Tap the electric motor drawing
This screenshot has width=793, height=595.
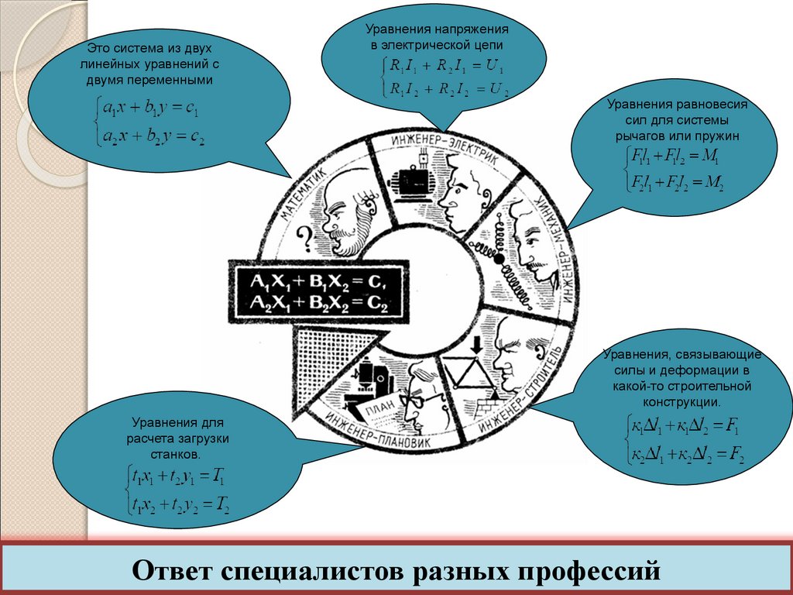click(x=410, y=180)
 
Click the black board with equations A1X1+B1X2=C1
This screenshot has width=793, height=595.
click(x=318, y=291)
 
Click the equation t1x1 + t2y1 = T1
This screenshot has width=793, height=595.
click(x=178, y=476)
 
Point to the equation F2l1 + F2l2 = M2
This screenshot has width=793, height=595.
click(x=673, y=184)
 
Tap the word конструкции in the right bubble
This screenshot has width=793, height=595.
click(x=681, y=402)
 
